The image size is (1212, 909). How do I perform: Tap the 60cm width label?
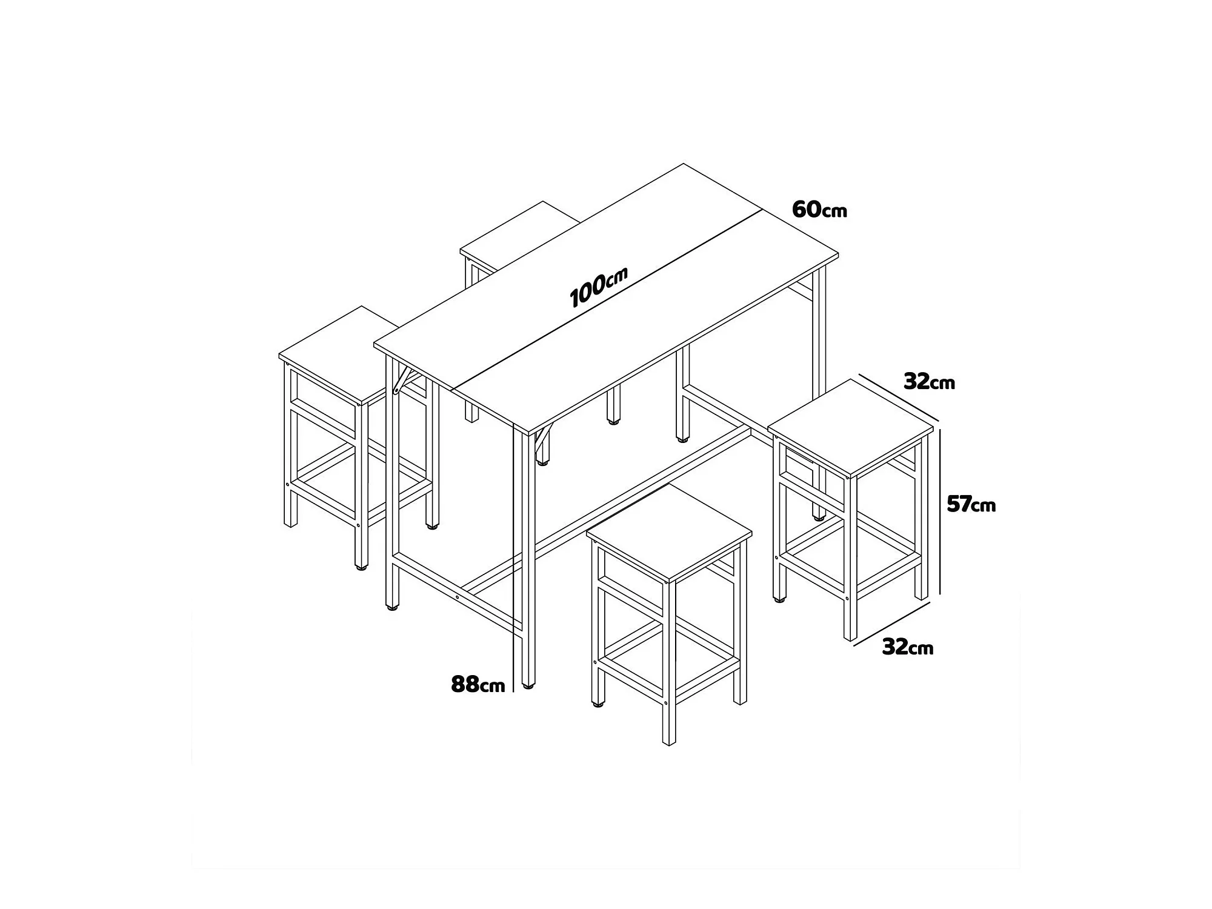tap(819, 210)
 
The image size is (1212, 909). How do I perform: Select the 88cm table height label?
tap(478, 684)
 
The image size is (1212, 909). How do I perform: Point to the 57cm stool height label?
tap(971, 504)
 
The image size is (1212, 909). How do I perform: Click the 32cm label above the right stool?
tap(929, 382)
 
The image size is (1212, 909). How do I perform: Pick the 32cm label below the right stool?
tap(907, 647)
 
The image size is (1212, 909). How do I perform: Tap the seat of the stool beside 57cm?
tap(851, 428)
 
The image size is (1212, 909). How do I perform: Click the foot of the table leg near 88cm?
tap(528, 685)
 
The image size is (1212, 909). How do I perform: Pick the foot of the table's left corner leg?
tap(392, 607)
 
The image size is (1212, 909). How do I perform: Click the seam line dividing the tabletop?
tap(608, 299)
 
